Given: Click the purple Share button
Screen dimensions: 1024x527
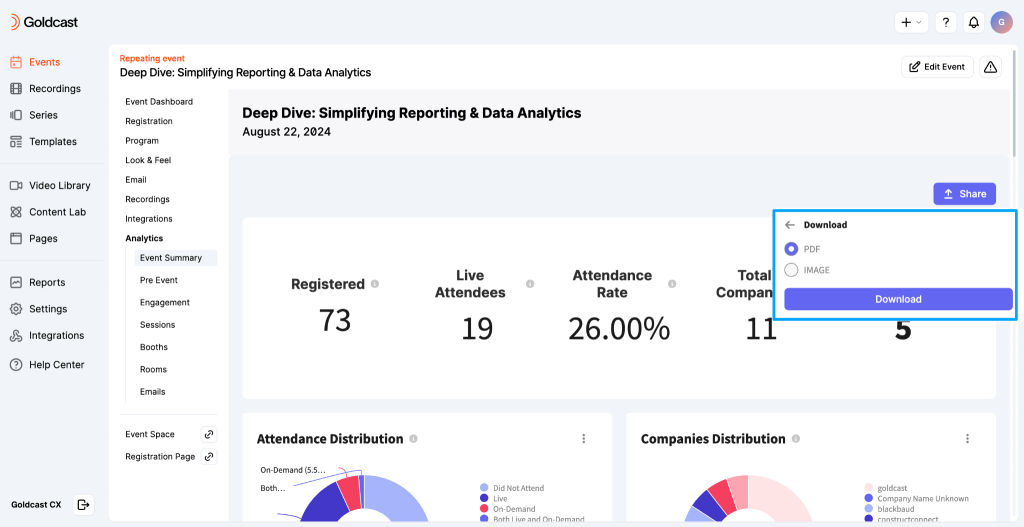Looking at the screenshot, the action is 964,194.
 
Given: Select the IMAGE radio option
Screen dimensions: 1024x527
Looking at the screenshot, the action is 791,270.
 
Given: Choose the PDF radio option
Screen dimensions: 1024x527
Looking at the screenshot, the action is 791,249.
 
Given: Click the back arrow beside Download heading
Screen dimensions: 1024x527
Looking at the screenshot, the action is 790,225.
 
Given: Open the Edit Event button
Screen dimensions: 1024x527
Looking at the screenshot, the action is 937,67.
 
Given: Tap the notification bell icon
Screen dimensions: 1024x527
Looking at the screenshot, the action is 973,22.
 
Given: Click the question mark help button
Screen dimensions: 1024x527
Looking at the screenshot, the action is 946,22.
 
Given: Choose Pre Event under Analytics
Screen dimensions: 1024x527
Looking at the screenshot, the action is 159,280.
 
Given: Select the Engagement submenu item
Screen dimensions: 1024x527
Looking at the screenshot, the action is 165,302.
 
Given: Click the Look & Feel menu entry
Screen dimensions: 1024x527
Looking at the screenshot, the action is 148,160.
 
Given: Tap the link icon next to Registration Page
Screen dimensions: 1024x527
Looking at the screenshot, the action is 209,457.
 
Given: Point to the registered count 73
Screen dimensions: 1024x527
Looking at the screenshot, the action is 334,320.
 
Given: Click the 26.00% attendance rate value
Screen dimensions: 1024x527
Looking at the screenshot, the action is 618,328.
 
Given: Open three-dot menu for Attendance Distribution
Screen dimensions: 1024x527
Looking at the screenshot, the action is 584,439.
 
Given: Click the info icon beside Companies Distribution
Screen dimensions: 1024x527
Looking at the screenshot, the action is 795,439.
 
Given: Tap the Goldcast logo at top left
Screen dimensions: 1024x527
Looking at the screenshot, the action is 44,22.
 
